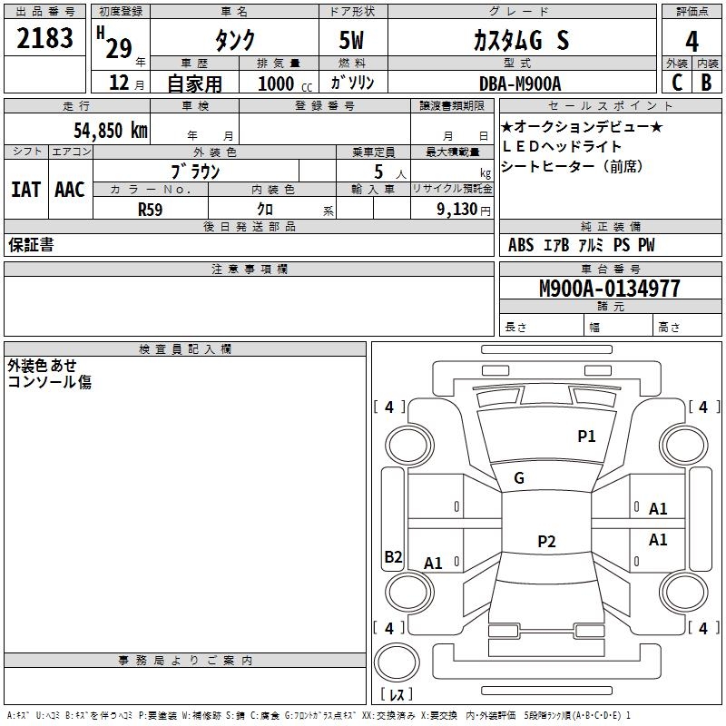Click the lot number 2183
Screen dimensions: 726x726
pos(44,38)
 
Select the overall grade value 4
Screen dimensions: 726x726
pos(692,42)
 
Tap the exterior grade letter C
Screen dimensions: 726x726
pos(677,83)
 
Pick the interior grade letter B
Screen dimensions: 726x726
pos(706,83)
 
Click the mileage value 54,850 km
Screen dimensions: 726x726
pos(111,130)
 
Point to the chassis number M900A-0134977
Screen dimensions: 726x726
pos(610,289)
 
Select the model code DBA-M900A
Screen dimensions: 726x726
pos(520,83)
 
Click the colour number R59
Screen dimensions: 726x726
pos(150,210)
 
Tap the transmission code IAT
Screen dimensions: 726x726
pos(26,190)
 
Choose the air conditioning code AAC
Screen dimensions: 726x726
pos(70,190)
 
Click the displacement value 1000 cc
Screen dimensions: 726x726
pos(285,83)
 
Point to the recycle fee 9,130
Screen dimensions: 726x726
pos(457,210)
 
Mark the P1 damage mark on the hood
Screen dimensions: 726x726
pos(586,436)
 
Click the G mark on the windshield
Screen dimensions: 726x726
pos(519,477)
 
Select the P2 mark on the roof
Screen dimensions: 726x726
pos(546,541)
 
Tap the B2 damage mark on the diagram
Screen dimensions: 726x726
pos(393,556)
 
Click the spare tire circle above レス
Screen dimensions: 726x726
pos(397,662)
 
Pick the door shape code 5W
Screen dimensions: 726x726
pos(351,40)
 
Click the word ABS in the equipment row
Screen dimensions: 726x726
pos(521,244)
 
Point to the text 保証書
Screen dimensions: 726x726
pos(31,244)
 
